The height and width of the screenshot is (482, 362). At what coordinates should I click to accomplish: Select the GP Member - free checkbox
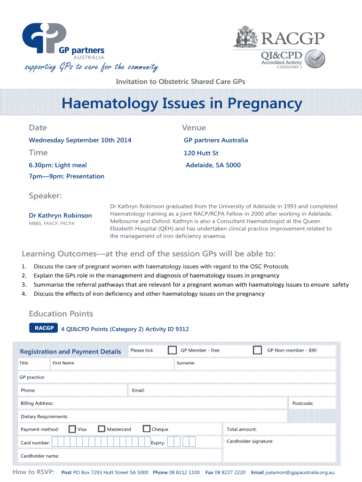click(x=173, y=350)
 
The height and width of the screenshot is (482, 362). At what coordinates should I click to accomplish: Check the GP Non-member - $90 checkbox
click(x=257, y=350)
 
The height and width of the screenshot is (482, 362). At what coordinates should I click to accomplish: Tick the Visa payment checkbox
click(x=72, y=429)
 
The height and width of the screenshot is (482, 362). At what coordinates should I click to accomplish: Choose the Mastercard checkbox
click(x=102, y=429)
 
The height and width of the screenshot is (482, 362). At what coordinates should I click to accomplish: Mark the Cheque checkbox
click(x=147, y=429)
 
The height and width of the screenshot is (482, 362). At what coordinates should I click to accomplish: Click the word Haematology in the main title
click(x=108, y=104)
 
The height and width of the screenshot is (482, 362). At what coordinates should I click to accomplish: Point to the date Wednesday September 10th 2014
click(x=80, y=140)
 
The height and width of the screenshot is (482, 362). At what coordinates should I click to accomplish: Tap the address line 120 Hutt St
click(x=201, y=153)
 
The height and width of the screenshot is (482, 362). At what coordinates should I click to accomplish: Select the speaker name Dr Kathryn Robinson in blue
click(x=60, y=216)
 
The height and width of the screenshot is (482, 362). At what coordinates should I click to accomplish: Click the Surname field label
click(x=185, y=363)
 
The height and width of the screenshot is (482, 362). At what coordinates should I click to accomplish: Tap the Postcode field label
click(x=303, y=403)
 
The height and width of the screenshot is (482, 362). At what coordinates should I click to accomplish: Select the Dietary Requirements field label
click(x=44, y=417)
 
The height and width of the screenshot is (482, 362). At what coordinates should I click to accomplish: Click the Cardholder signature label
click(x=250, y=442)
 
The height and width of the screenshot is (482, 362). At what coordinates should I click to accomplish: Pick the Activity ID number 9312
click(x=182, y=329)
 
